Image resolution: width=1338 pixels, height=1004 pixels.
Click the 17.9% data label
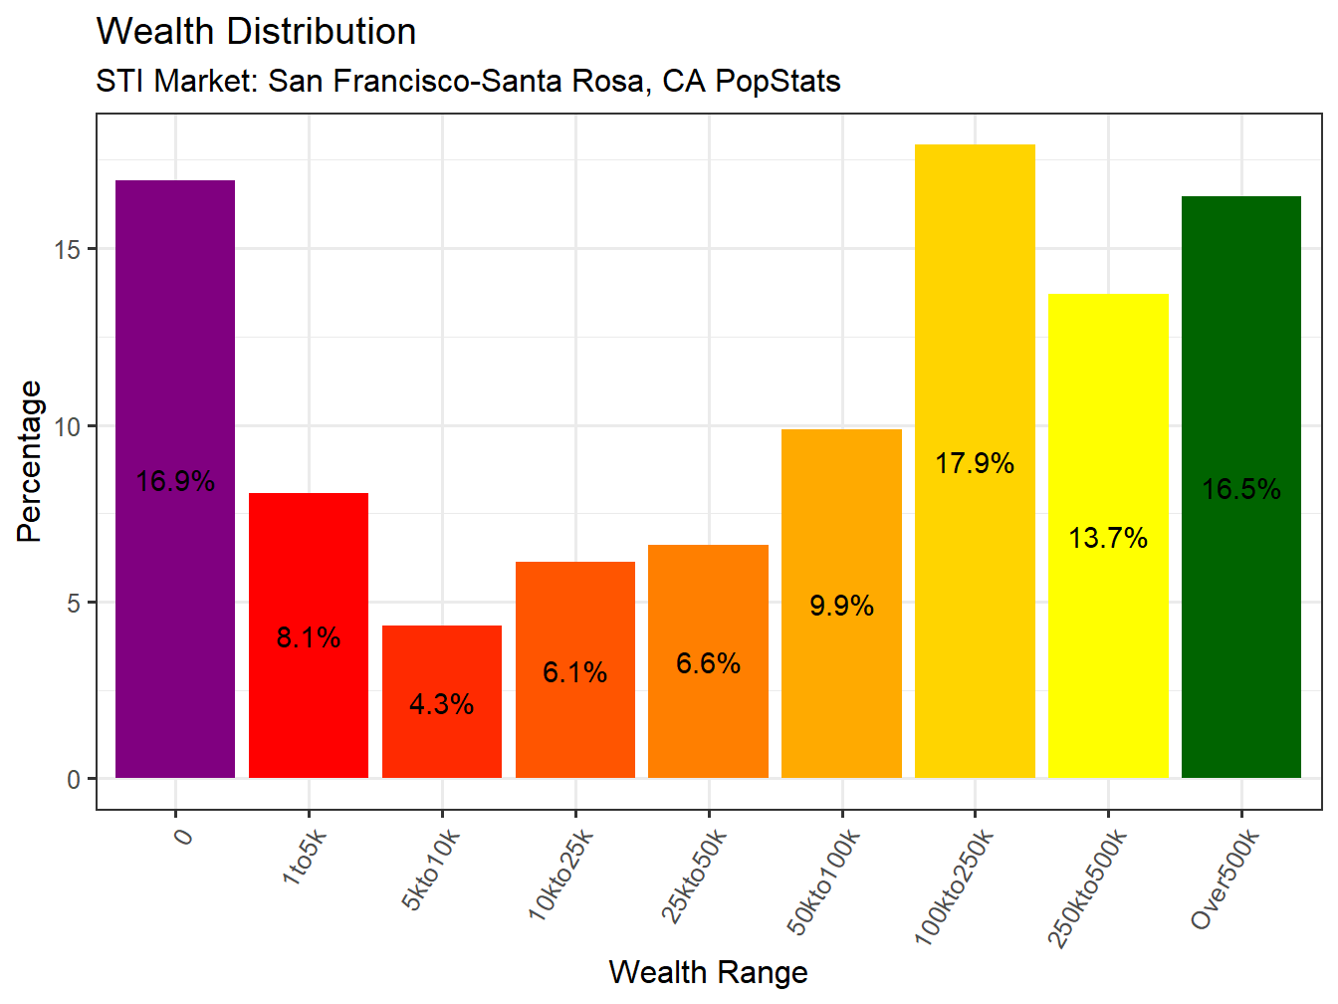pos(975,463)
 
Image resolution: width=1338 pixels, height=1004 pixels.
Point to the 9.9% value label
pos(841,606)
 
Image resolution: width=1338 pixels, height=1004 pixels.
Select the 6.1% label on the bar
pos(574,672)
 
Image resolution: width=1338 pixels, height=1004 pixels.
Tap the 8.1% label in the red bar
pos(309,637)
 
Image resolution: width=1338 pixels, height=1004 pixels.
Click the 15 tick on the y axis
pos(68,249)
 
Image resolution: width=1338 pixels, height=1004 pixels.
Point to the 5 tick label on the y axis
pos(74,604)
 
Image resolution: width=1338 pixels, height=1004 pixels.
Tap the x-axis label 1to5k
pos(304,857)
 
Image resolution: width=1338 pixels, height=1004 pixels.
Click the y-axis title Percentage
pos(30,461)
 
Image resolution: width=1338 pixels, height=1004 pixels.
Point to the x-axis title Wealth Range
pos(708,972)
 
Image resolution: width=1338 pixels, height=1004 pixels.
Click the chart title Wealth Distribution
pos(256,32)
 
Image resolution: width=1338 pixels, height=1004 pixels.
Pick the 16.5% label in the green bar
pos(1240,489)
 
